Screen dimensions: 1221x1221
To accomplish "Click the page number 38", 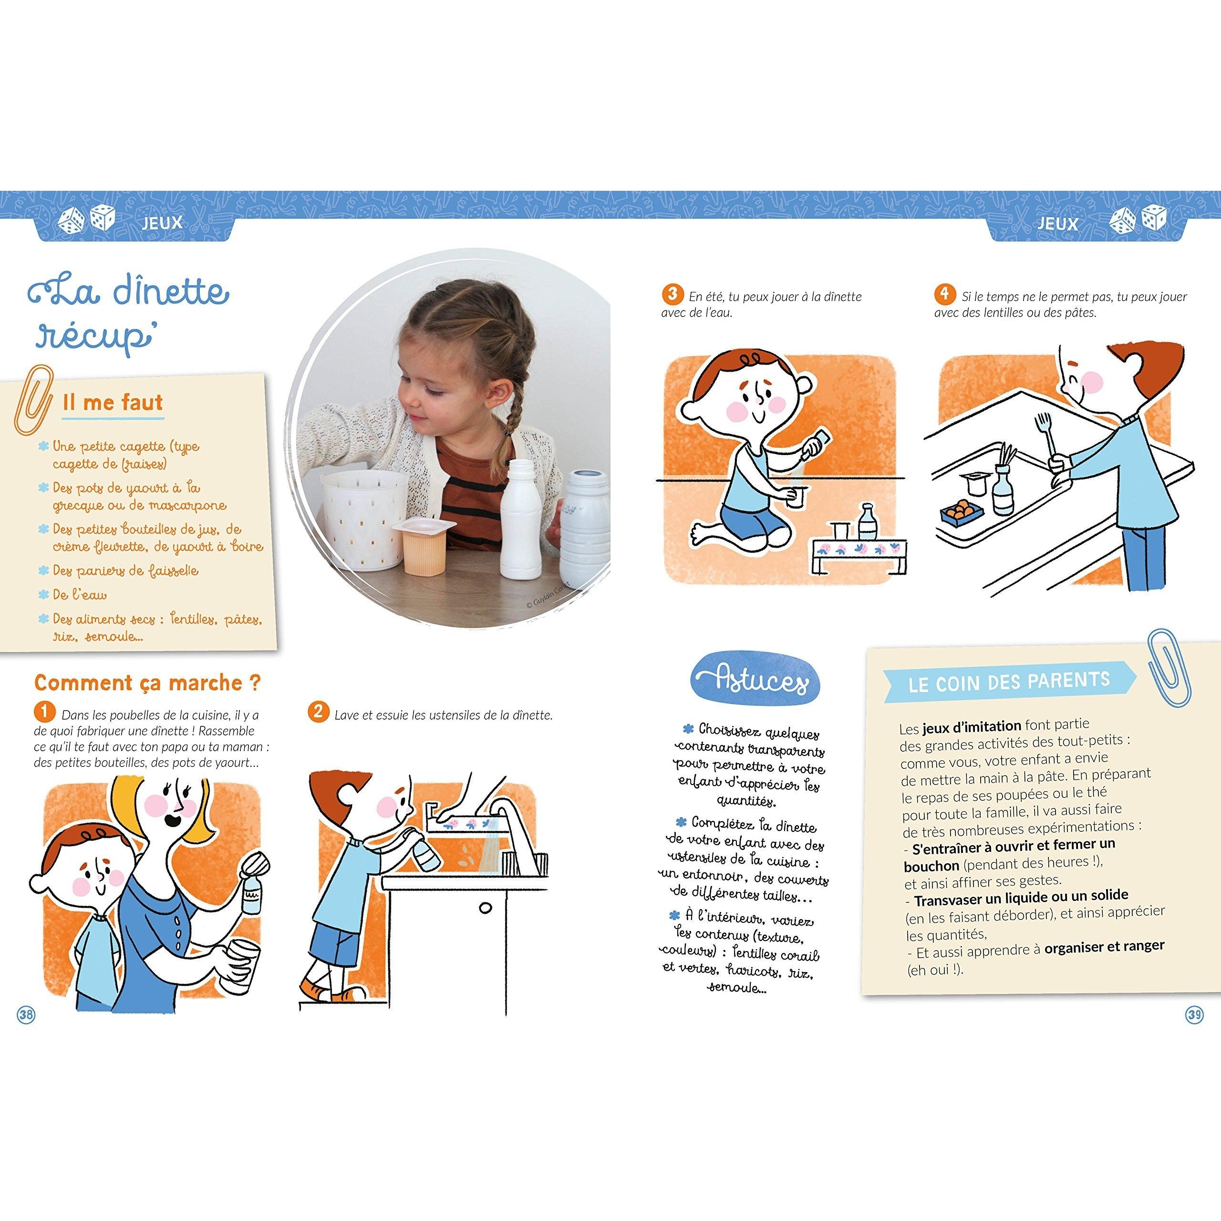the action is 26,1015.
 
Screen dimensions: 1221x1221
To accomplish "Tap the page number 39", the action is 1194,1015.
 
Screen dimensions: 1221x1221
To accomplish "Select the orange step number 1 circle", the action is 44,712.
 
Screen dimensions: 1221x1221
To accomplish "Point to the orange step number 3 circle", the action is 673,294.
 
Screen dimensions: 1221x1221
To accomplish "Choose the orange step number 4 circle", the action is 944,294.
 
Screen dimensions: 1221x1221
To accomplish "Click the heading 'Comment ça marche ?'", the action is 147,683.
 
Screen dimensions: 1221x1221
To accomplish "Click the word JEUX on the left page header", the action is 163,222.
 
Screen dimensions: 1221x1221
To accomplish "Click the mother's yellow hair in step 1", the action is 158,822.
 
